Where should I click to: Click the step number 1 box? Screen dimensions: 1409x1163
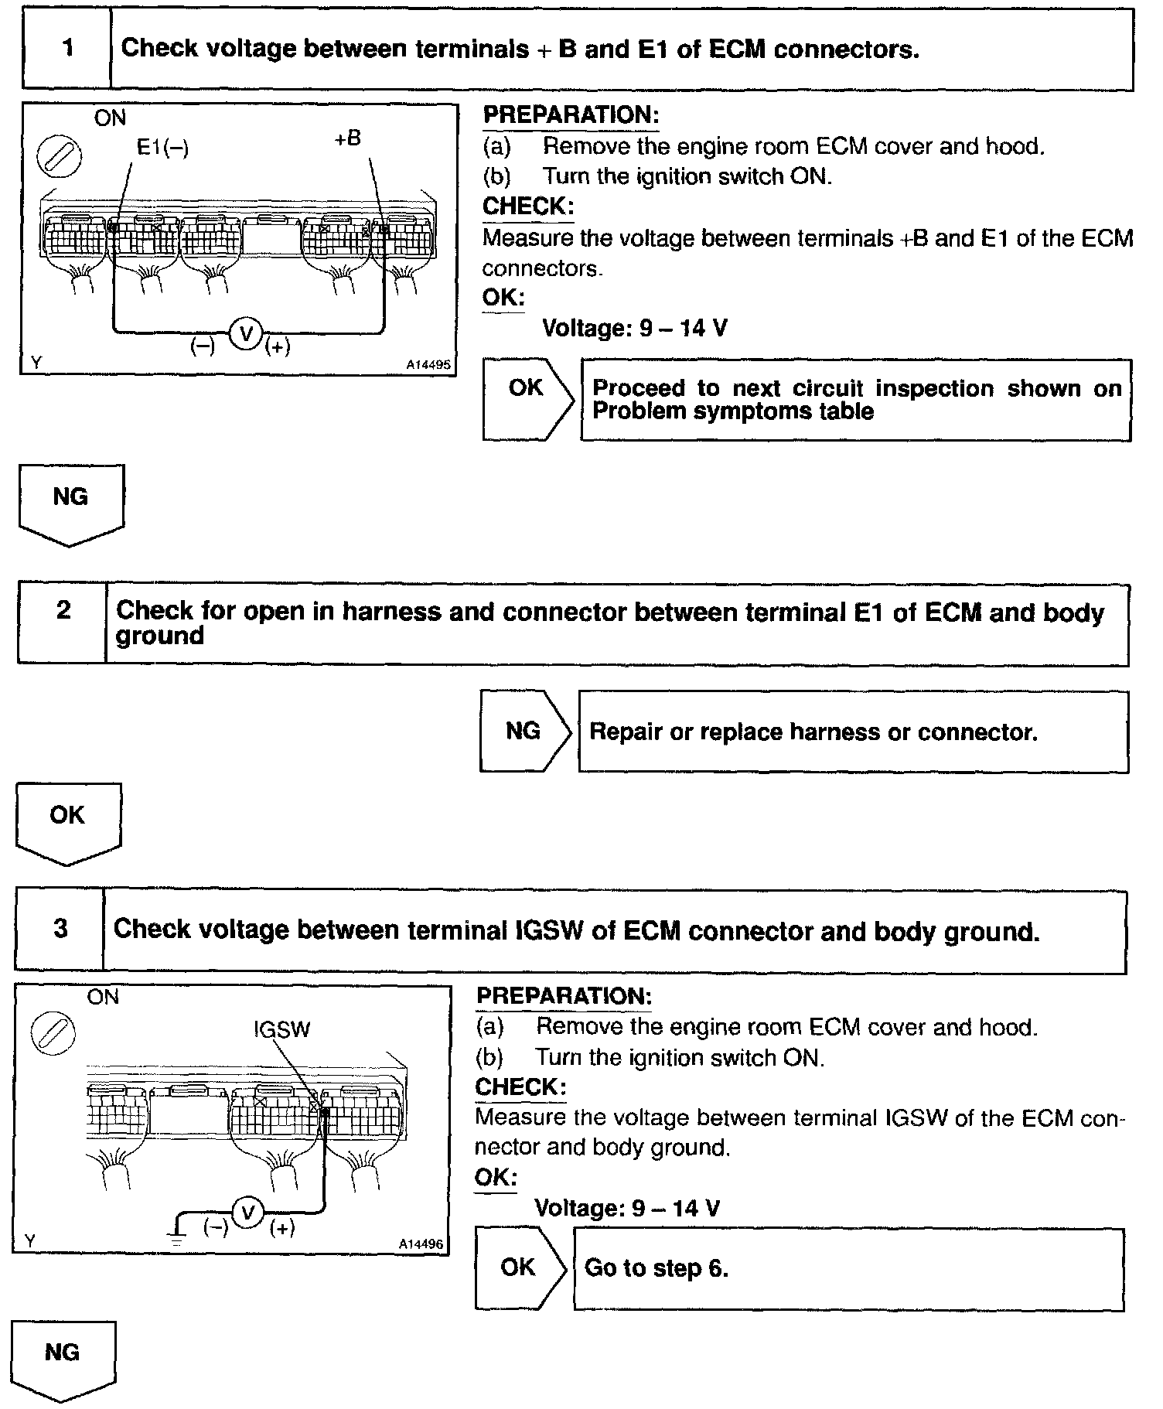pos(67,49)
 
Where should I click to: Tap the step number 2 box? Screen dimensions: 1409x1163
pos(63,624)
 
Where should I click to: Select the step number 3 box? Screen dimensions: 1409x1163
pos(60,929)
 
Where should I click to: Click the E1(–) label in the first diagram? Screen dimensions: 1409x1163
pos(162,147)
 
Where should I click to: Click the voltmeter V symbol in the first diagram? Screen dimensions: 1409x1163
pos(247,334)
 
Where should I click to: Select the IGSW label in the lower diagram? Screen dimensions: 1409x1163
pos(281,1029)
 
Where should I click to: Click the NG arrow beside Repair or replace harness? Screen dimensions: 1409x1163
pos(525,731)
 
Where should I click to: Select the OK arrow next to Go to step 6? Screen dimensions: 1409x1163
pos(520,1267)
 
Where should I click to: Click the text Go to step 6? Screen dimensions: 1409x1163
pos(656,1268)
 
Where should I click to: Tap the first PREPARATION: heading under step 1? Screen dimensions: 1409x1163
pos(571,115)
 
